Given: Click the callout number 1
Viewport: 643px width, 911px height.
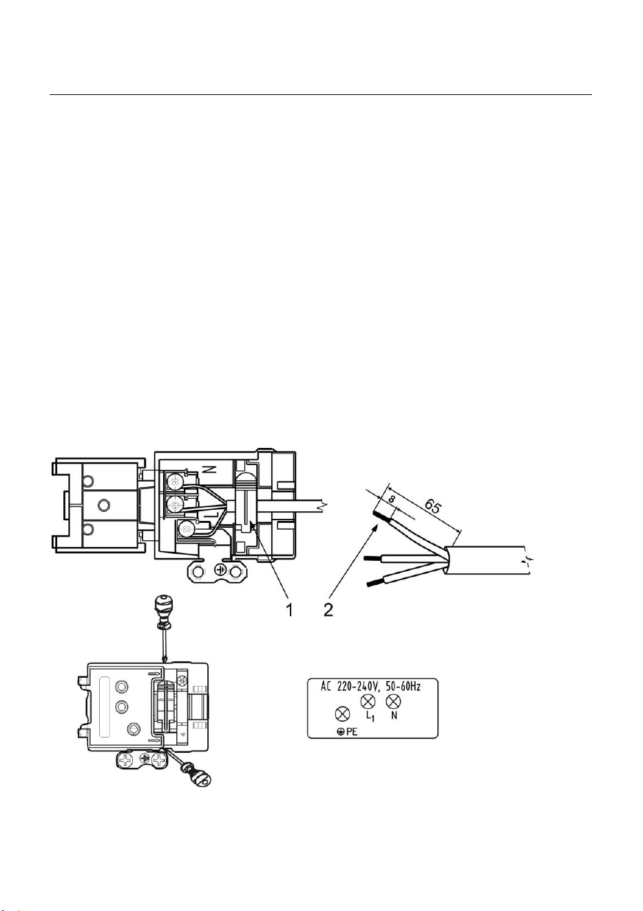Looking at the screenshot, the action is (x=289, y=610).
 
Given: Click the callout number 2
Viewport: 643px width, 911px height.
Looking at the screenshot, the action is (x=328, y=610).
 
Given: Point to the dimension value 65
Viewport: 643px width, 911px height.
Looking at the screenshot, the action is (x=434, y=506).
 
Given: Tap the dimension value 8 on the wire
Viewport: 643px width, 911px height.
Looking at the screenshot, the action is (x=390, y=500).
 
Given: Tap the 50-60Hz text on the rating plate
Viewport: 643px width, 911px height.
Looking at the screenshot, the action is (x=403, y=687).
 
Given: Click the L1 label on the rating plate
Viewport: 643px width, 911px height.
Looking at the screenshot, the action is (x=370, y=716).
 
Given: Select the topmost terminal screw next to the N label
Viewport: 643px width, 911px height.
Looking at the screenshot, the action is (x=175, y=482).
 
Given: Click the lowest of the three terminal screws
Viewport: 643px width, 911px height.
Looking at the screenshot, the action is (x=186, y=529).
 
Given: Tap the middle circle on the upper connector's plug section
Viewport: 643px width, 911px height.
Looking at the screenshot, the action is (x=104, y=505).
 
